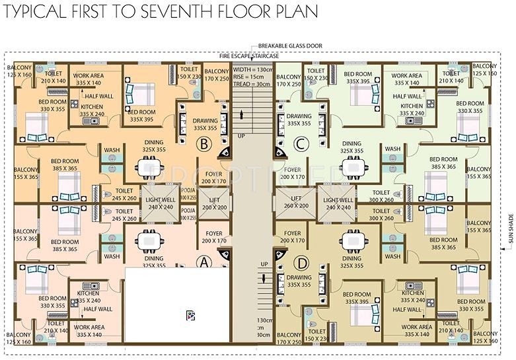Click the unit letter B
(x=204, y=143)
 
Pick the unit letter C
(x=301, y=143)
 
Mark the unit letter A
(x=204, y=261)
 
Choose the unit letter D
(x=301, y=261)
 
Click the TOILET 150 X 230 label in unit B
(x=190, y=72)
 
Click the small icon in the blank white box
(x=190, y=315)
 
